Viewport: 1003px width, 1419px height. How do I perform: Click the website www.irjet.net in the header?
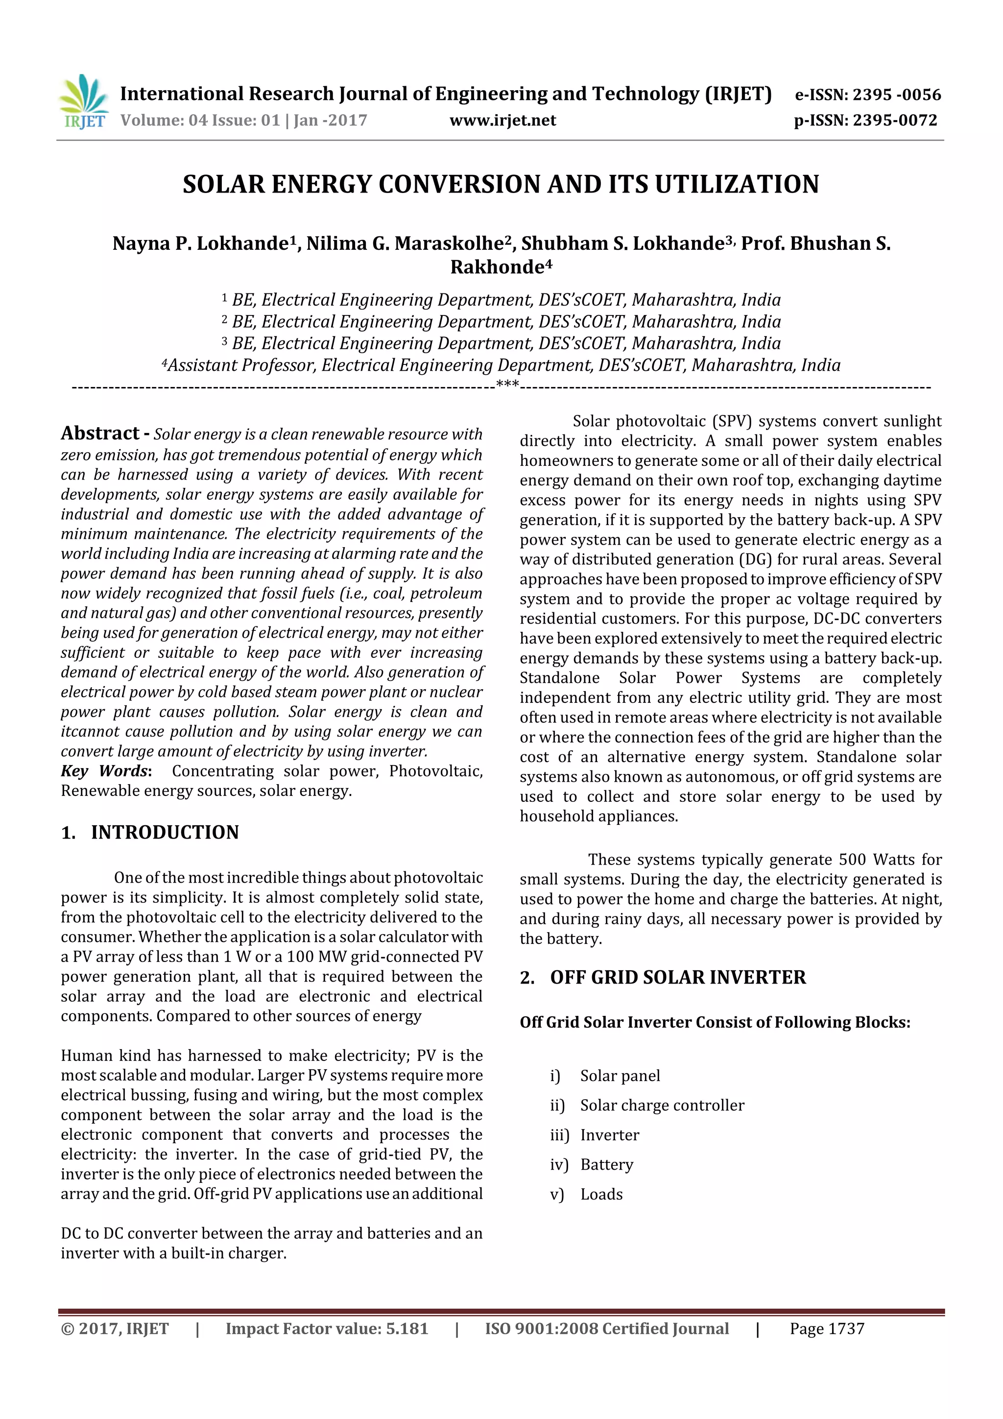coord(502,120)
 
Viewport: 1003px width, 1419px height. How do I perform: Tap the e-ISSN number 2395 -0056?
coord(897,95)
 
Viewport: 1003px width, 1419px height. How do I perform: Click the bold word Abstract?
coord(100,433)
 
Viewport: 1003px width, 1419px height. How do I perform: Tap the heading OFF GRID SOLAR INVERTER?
coord(677,977)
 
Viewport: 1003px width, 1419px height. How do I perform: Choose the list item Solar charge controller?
coord(662,1105)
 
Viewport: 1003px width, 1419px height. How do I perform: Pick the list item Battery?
coord(606,1164)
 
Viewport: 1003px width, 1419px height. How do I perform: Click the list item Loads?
coord(601,1194)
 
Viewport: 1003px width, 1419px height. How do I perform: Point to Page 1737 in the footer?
coord(826,1329)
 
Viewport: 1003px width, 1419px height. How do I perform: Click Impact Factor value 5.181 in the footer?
coord(326,1329)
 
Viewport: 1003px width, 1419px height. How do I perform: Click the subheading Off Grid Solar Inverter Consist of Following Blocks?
coord(715,1022)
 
